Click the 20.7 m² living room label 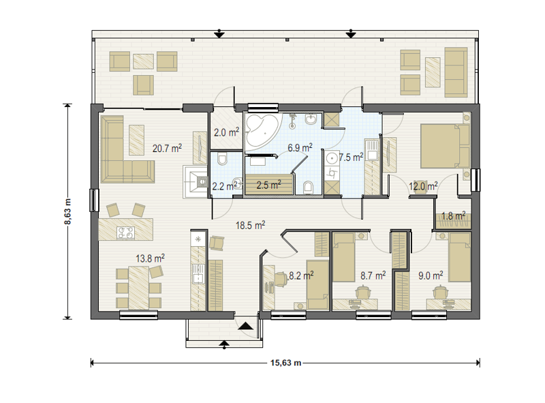[167, 148]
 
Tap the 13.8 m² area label [150, 258]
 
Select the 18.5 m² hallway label [250, 225]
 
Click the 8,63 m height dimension [67, 211]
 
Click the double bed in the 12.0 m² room [446, 146]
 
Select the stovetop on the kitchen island [125, 233]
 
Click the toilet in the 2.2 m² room [222, 160]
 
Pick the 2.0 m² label [226, 132]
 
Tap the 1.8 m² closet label [453, 215]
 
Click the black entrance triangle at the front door [245, 326]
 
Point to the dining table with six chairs [139, 288]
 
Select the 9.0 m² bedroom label [431, 275]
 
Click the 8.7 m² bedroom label [373, 275]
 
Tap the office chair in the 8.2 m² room [281, 280]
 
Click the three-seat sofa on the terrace [456, 72]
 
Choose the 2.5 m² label [268, 185]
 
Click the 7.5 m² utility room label [351, 158]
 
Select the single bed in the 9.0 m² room [459, 257]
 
